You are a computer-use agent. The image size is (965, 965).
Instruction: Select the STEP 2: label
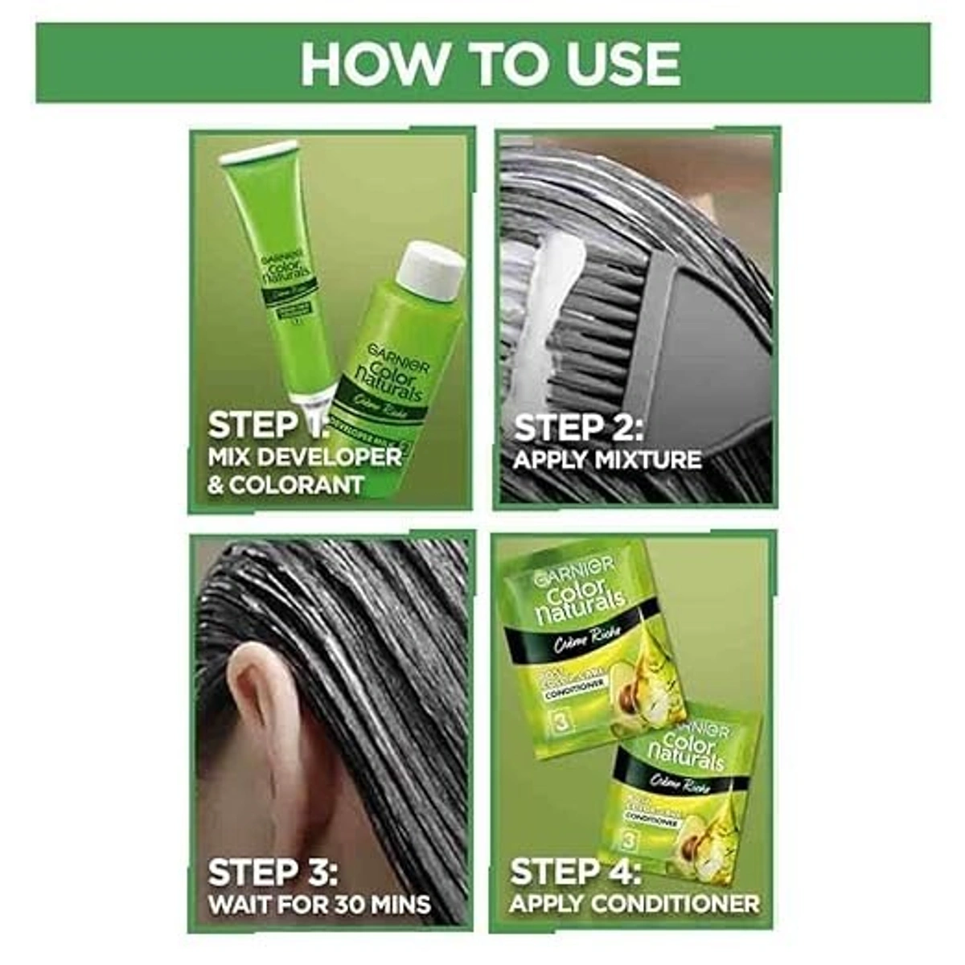point(578,428)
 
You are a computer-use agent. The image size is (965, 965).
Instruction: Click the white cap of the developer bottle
point(431,269)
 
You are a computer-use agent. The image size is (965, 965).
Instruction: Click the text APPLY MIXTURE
point(607,461)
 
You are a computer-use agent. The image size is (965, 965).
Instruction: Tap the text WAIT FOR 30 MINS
point(319,904)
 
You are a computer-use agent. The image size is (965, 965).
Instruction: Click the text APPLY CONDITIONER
point(634,904)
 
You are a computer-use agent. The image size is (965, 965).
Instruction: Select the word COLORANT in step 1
point(298,486)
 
